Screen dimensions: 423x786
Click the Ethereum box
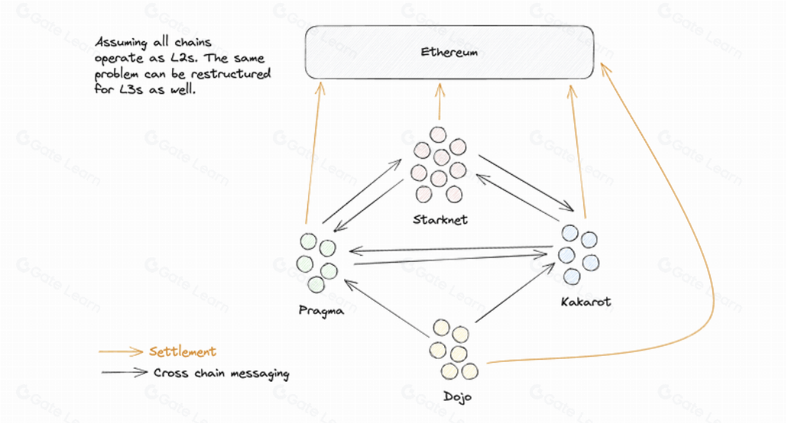coord(449,52)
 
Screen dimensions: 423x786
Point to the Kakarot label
coord(585,302)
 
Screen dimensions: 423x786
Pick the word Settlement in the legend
coord(183,352)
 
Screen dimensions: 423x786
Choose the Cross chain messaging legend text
coord(221,373)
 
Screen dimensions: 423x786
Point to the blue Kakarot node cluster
coord(578,253)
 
